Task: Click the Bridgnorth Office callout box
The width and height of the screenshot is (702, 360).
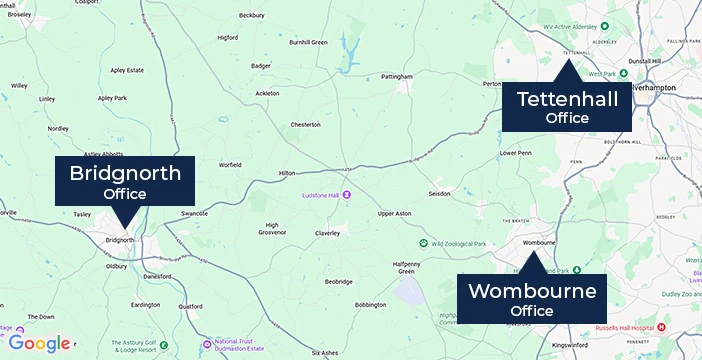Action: (125, 181)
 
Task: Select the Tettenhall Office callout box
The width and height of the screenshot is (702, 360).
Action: (567, 107)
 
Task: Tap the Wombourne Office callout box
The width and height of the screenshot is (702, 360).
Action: (531, 300)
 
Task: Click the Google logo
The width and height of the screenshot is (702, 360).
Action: (40, 344)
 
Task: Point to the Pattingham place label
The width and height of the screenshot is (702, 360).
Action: (397, 76)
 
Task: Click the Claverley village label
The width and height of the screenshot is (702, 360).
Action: (328, 233)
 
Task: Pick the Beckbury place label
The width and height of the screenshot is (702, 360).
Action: (252, 15)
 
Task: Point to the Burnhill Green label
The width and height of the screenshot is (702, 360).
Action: (309, 42)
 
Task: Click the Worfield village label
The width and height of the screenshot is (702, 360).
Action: (231, 164)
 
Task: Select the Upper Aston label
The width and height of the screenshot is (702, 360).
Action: (395, 214)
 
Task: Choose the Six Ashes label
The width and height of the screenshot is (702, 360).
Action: (326, 353)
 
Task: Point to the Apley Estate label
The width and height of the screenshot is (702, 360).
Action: (127, 70)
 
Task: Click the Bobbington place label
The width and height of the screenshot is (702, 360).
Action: (370, 304)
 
